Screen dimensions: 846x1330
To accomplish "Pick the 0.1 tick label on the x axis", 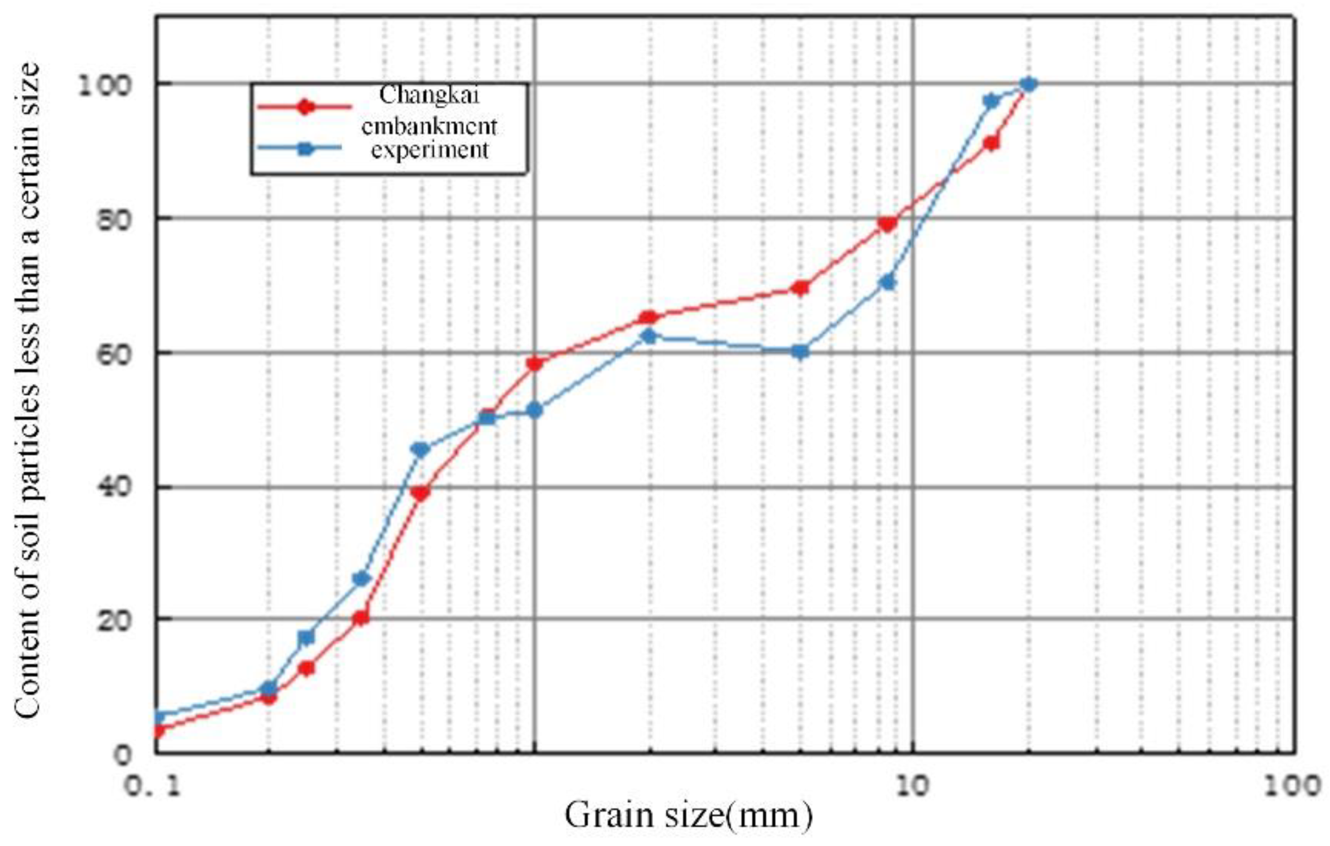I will pyautogui.click(x=153, y=786).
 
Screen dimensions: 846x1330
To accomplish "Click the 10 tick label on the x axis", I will pyautogui.click(x=912, y=786).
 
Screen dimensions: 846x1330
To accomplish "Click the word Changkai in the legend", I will pyautogui.click(x=429, y=95).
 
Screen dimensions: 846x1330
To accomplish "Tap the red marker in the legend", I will pyautogui.click(x=305, y=107).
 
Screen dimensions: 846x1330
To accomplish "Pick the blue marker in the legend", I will pyautogui.click(x=305, y=149).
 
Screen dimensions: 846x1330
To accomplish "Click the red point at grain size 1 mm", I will pyautogui.click(x=534, y=363).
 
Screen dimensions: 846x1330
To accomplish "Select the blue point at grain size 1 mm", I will pyautogui.click(x=534, y=410).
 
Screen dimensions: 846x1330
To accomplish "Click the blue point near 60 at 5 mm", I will pyautogui.click(x=800, y=352).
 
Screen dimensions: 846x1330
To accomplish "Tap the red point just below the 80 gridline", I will pyautogui.click(x=887, y=224).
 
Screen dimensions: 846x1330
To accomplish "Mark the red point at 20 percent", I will pyautogui.click(x=361, y=617).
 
